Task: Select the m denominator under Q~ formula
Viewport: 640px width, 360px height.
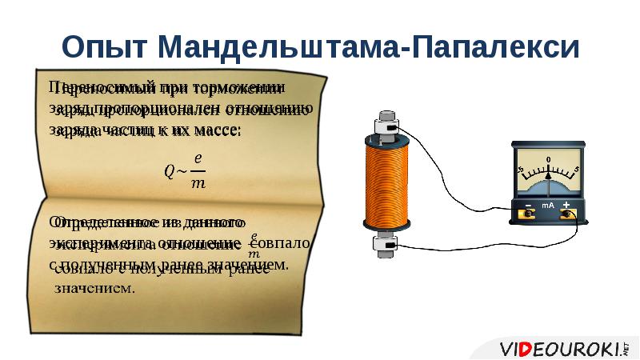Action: coord(199,183)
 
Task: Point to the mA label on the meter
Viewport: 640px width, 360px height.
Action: coord(548,206)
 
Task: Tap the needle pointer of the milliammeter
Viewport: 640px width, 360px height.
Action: coord(549,178)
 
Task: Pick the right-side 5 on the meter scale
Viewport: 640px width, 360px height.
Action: coord(576,170)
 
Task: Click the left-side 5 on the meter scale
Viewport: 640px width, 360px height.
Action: coord(521,170)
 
